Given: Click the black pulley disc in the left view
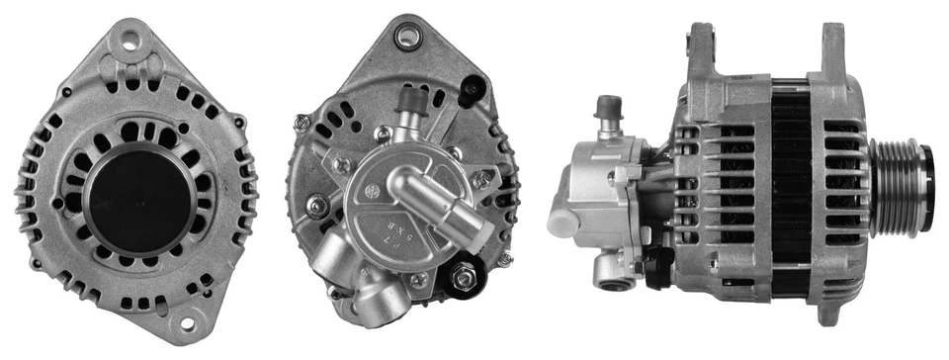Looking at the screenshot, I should [x=139, y=200].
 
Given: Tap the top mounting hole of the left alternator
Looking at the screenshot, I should [x=129, y=41].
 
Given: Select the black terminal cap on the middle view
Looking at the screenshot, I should [x=474, y=91].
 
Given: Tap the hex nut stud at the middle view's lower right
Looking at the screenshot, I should [x=464, y=278].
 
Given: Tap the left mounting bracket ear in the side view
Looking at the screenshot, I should [x=700, y=54].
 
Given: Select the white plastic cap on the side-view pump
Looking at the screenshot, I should [x=561, y=222].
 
